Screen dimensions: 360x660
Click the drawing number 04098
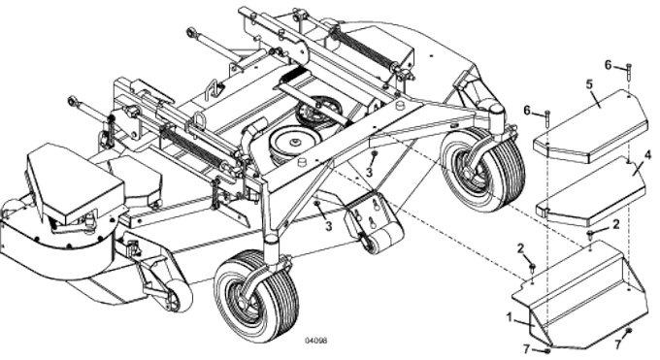[x=315, y=342]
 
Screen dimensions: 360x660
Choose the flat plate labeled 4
[x=591, y=189]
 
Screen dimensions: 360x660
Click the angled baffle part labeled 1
[x=582, y=291]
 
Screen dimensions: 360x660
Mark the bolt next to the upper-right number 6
[x=629, y=73]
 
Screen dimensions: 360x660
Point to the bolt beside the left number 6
[x=549, y=121]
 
